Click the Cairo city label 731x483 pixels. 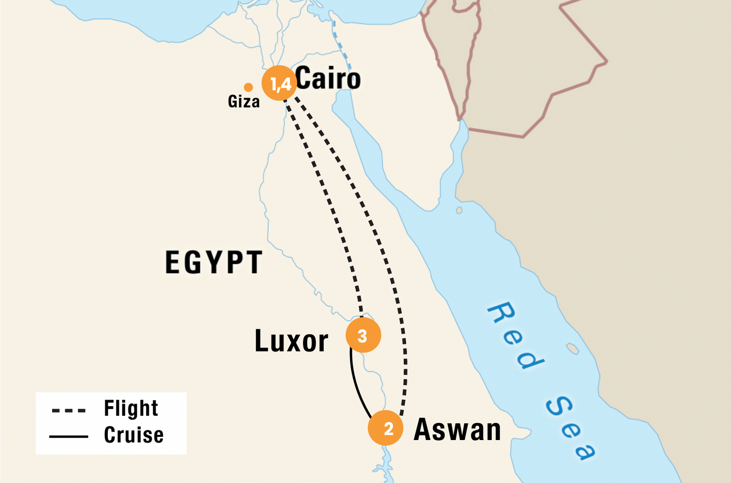[x=328, y=79]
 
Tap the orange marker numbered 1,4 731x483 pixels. [x=279, y=83]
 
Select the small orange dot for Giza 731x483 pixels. [x=248, y=87]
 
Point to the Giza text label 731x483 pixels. [x=244, y=102]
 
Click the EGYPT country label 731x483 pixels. [x=213, y=262]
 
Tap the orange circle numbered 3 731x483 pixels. [x=363, y=335]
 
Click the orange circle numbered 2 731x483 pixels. [x=385, y=428]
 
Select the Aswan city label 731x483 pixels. [x=457, y=430]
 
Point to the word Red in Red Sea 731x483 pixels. [x=515, y=336]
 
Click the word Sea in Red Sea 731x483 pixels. [x=571, y=428]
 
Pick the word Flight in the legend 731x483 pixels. [x=131, y=408]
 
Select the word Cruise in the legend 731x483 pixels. [x=134, y=435]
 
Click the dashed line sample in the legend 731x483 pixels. [x=69, y=410]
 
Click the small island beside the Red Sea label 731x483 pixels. [x=573, y=348]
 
